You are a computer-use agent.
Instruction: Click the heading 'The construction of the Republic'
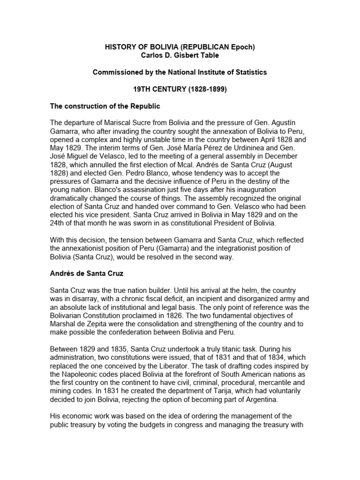tap(105, 106)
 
